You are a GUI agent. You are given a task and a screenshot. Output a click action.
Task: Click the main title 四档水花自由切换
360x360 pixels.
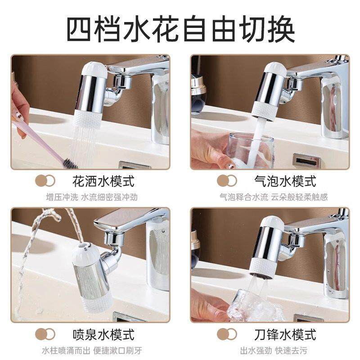point(180,29)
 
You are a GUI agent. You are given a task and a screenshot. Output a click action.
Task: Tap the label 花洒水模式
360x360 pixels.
point(103,181)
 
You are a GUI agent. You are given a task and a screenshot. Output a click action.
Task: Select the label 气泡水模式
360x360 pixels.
point(285,181)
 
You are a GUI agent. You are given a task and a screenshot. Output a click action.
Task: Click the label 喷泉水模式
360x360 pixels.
point(103,334)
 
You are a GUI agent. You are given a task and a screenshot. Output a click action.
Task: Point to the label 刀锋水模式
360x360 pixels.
point(285,334)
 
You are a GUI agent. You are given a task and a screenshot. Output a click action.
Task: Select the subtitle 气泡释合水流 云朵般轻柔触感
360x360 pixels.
point(273,197)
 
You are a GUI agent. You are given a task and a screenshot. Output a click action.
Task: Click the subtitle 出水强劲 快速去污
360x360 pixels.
point(274,350)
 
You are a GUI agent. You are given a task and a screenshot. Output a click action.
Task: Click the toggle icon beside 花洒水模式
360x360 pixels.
point(45,181)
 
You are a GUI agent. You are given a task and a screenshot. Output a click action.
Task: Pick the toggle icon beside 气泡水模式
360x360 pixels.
point(227,181)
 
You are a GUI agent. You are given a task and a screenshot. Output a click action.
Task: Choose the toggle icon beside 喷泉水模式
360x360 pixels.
point(45,334)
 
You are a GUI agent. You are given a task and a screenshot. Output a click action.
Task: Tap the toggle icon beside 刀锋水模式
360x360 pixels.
point(227,334)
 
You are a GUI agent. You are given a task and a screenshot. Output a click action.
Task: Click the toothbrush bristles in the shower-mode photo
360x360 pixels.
point(68,162)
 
